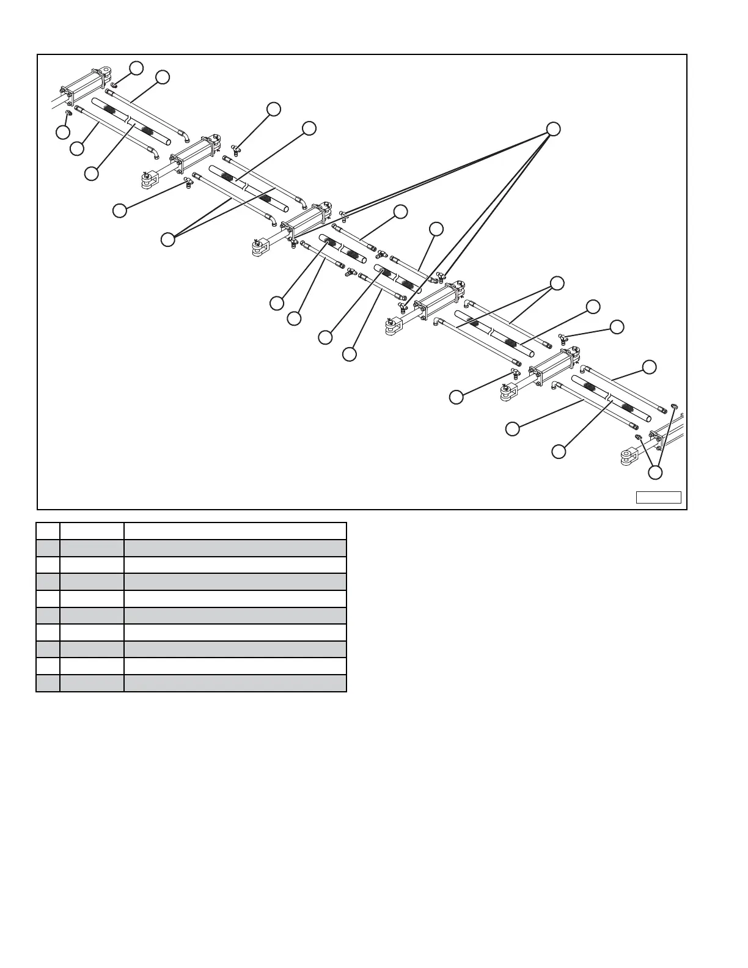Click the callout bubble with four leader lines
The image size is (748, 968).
552,128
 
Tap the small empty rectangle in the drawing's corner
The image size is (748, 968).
658,497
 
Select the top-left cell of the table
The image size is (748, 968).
48,530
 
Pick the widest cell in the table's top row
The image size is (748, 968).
235,530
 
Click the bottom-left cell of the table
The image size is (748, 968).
48,683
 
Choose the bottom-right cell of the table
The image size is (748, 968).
235,683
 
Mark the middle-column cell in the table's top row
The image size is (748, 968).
92,530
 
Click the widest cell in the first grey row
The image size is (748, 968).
235,548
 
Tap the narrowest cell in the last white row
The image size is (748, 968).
48,666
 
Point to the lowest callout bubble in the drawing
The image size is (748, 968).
655,472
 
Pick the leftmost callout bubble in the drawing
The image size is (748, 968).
62,131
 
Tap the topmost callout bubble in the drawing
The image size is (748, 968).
137,67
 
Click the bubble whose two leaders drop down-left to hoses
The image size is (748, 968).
556,283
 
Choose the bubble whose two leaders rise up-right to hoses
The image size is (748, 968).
167,240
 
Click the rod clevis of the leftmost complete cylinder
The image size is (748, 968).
149,181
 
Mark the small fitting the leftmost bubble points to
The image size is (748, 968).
68,113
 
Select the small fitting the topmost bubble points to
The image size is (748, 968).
114,85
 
